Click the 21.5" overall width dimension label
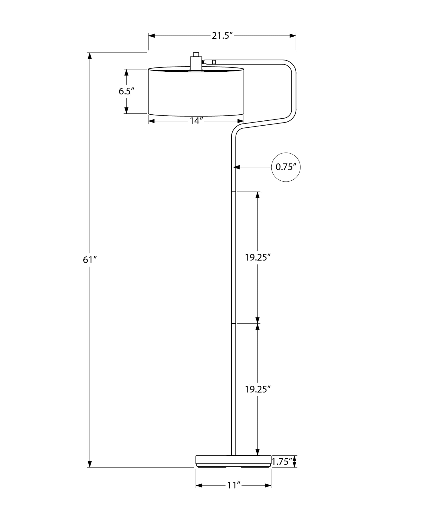pyautogui.click(x=222, y=36)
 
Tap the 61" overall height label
pyautogui.click(x=90, y=259)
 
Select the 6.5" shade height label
pyautogui.click(x=126, y=91)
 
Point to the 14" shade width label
pyautogui.click(x=196, y=121)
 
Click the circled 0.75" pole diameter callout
pyautogui.click(x=286, y=167)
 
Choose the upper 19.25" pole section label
pyautogui.click(x=258, y=257)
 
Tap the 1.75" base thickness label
pyautogui.click(x=282, y=462)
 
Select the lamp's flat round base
pyautogui.click(x=233, y=461)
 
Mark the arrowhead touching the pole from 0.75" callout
pyautogui.click(x=237, y=167)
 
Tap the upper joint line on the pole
pyautogui.click(x=233, y=192)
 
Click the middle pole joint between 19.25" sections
pyautogui.click(x=233, y=323)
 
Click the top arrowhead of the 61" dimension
pyautogui.click(x=90, y=56)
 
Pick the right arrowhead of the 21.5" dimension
pyautogui.click(x=293, y=36)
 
